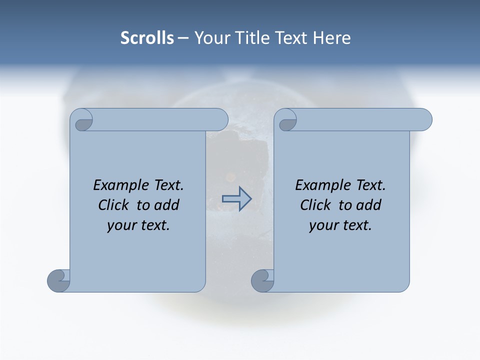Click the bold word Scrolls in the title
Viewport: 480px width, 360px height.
147,38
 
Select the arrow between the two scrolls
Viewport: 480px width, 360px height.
236,198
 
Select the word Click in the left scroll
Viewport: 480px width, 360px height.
114,205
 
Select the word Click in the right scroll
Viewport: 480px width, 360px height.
316,205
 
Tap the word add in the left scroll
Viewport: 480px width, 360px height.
166,205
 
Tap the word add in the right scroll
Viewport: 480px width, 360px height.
368,205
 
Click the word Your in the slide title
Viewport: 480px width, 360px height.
210,38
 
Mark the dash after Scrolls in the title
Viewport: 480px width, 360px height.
183,38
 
